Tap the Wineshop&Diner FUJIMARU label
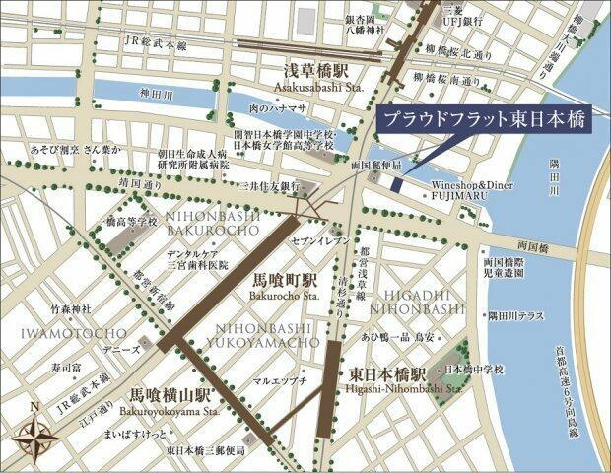(x=472, y=190)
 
